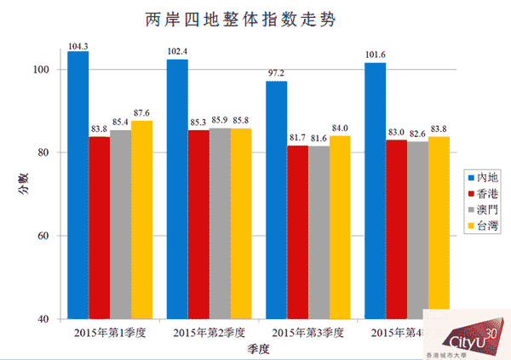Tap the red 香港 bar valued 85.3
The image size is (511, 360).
coord(198,225)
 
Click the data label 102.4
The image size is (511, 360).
coord(177,53)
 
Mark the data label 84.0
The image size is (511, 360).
coord(340,129)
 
